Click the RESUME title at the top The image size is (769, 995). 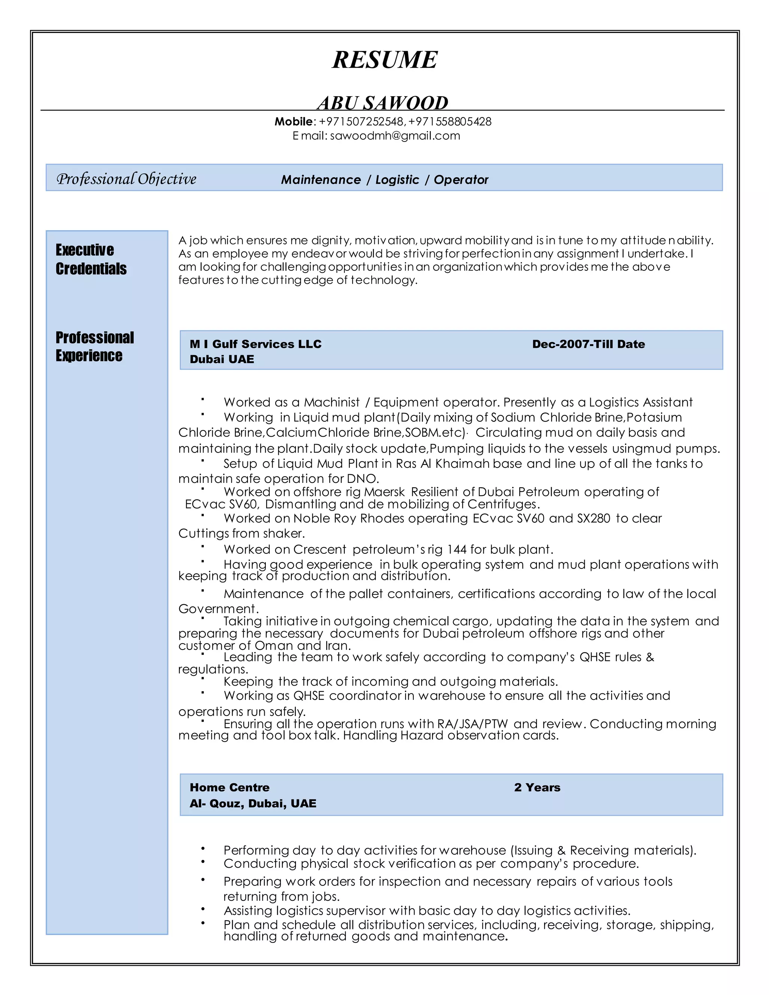point(384,60)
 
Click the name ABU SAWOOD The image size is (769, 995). point(383,103)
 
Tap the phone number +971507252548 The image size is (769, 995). point(361,122)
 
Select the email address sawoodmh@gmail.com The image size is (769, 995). point(395,136)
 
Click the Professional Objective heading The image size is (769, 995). point(126,179)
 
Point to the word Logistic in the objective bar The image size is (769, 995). point(397,179)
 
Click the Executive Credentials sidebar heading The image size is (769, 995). point(91,259)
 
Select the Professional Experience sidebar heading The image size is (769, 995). point(94,346)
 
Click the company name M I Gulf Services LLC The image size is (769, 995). point(256,344)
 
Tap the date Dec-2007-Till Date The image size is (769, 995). point(588,344)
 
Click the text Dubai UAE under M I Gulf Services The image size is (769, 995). point(222,359)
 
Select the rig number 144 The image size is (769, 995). point(457,549)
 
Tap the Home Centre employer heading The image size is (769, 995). point(229,787)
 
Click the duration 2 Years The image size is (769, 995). point(537,787)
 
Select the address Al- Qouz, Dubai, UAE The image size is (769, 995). point(253,803)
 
